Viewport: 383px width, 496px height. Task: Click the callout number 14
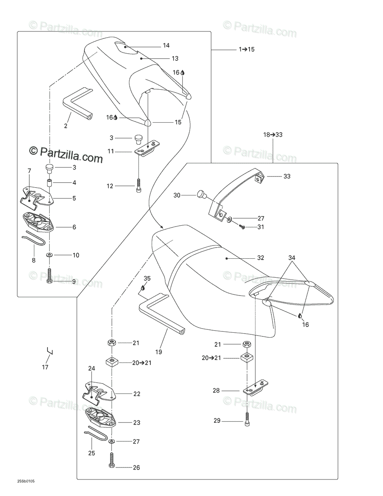pyautogui.click(x=166, y=45)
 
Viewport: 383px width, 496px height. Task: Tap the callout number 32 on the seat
pyautogui.click(x=260, y=258)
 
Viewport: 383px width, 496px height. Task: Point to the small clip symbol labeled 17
pyautogui.click(x=50, y=352)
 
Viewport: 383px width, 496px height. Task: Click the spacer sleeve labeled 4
pyautogui.click(x=49, y=183)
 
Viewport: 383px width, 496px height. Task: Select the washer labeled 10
pyautogui.click(x=50, y=255)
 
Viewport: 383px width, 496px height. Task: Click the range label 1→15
pyautogui.click(x=247, y=49)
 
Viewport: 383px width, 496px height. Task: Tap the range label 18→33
pyautogui.click(x=273, y=135)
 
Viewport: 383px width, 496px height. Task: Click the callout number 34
pyautogui.click(x=292, y=258)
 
